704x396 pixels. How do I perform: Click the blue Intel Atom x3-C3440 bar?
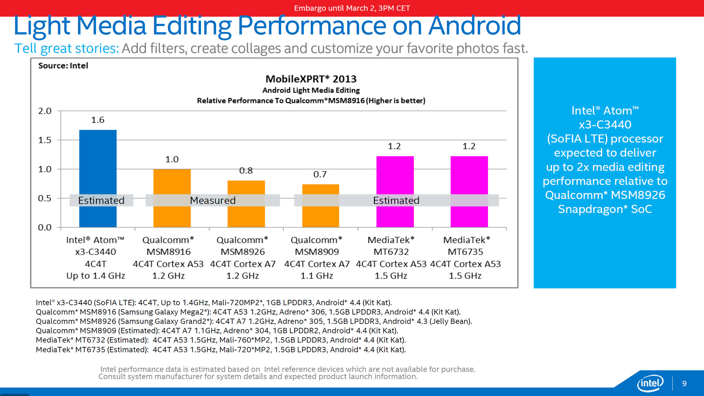[x=98, y=165]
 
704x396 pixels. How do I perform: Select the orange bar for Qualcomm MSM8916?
[x=172, y=183]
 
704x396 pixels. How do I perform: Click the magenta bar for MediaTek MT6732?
[x=395, y=176]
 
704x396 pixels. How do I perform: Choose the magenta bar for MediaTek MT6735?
[x=469, y=176]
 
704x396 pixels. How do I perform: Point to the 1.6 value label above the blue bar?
[x=98, y=120]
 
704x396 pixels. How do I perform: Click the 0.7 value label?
[x=320, y=174]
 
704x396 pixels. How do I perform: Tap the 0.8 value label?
[x=246, y=170]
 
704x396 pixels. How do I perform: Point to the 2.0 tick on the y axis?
[x=45, y=111]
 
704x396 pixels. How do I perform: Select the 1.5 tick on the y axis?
[x=45, y=140]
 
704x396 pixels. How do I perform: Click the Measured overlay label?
[x=213, y=200]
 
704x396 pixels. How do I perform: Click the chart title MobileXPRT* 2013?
[x=311, y=79]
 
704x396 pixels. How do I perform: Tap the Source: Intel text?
[x=63, y=66]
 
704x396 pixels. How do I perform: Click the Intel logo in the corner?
[x=650, y=384]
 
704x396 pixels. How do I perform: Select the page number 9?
[x=684, y=384]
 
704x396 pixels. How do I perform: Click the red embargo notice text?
[x=352, y=8]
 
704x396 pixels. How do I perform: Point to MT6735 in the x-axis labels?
[x=465, y=252]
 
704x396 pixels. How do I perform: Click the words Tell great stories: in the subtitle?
[x=66, y=48]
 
